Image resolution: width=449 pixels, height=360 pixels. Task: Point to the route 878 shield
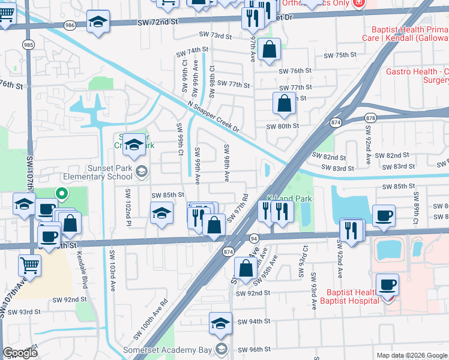pos(370,118)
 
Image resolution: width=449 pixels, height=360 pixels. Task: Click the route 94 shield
pos(254,238)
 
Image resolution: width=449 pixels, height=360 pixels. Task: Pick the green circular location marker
pos(61,193)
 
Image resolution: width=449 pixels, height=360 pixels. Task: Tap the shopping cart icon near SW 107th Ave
pos(29,263)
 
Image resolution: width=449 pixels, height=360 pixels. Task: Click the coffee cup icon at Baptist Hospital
pos(387,284)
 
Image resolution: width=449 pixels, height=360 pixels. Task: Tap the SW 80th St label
pos(283,126)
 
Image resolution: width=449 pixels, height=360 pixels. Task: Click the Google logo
pos(20,353)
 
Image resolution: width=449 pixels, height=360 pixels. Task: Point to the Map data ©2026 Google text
pos(412,355)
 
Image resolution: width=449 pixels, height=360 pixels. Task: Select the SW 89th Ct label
pos(415,209)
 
